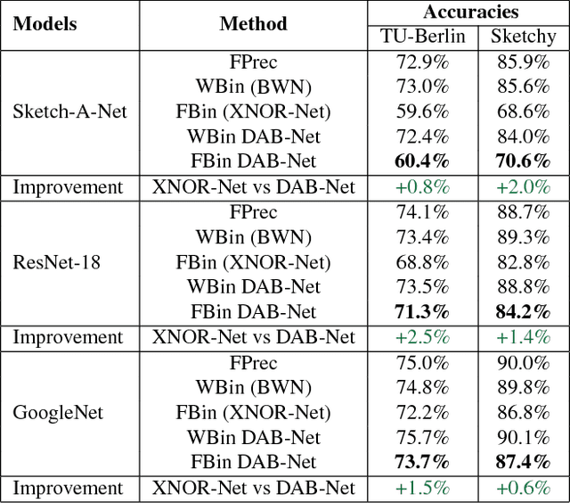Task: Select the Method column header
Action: (x=253, y=24)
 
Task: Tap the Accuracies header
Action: (x=471, y=12)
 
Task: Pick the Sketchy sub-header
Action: (x=523, y=37)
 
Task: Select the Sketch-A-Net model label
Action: (x=69, y=111)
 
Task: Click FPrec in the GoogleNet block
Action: (x=253, y=363)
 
